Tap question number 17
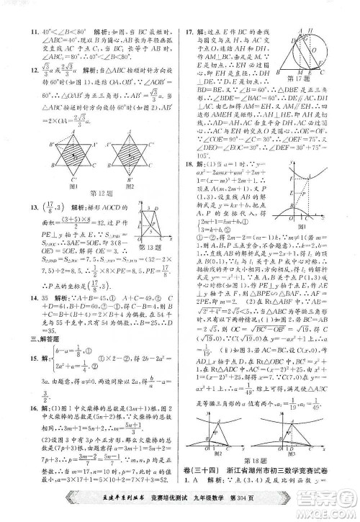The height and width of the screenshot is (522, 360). [x=190, y=32]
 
